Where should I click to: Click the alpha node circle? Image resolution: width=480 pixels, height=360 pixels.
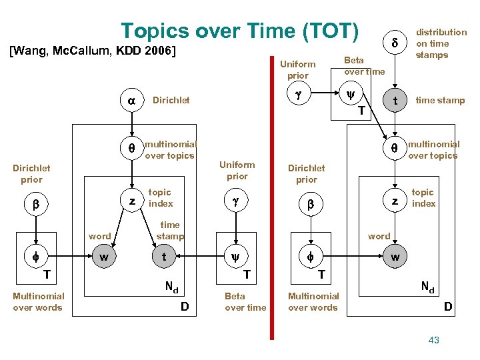132,101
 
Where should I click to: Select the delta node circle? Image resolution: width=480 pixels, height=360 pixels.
395,43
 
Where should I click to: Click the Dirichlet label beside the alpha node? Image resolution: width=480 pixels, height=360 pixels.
171,101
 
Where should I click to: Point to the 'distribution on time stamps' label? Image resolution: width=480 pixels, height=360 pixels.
441,43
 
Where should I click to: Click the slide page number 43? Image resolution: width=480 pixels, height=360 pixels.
434,341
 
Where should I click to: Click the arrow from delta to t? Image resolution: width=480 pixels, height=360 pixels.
395,71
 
